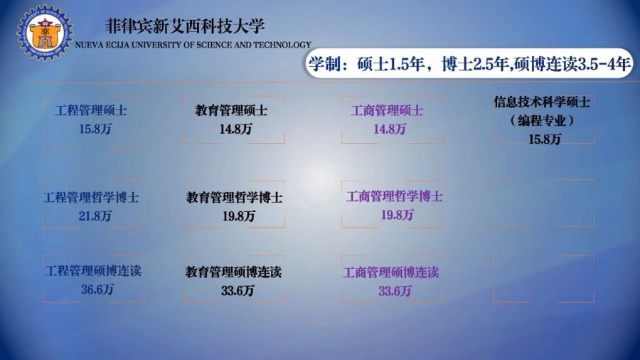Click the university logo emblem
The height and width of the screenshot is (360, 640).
pos(45,33)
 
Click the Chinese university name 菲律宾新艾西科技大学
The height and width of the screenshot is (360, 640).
pos(185,26)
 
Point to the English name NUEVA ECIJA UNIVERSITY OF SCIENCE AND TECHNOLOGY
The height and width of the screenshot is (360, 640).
pos(193,45)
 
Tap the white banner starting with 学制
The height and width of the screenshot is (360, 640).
pos(469,63)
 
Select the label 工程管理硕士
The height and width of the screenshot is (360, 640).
pos(90,110)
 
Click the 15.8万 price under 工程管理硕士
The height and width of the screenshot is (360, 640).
pos(95,129)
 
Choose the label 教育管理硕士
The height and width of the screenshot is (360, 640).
pos(231,110)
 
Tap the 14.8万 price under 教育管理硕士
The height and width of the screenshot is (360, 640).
pos(235,129)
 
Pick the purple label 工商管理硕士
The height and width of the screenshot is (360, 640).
pos(387,110)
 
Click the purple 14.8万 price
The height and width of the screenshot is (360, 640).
pos(390,129)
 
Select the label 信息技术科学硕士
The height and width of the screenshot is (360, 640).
pos(542,102)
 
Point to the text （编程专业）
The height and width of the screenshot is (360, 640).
pos(542,120)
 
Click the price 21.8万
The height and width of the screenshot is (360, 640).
pos(95,216)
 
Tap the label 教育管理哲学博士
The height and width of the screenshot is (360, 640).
pos(234,198)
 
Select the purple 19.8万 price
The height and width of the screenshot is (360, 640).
pos(397,215)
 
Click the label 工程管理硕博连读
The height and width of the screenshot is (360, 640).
pos(93,271)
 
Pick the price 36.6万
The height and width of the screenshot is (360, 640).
pos(97,290)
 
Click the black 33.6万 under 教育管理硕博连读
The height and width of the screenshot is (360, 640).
pos(238,290)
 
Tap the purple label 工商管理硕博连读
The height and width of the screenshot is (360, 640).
pos(390,272)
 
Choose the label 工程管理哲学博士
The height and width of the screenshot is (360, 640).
pos(91,198)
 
